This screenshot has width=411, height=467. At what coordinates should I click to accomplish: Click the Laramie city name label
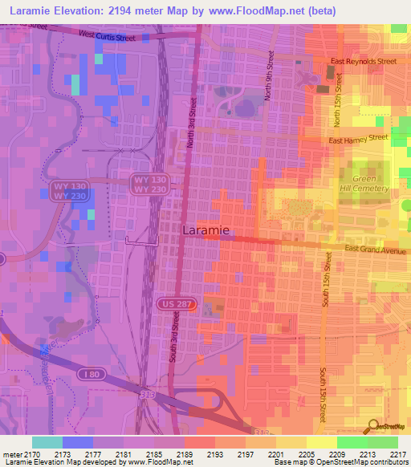click(x=206, y=230)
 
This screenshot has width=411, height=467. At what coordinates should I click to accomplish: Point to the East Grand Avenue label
click(x=376, y=250)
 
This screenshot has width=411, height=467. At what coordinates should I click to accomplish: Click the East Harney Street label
click(x=359, y=139)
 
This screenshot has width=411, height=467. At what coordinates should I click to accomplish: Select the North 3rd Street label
click(x=192, y=124)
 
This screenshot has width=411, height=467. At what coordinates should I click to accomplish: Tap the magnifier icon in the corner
click(x=372, y=426)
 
